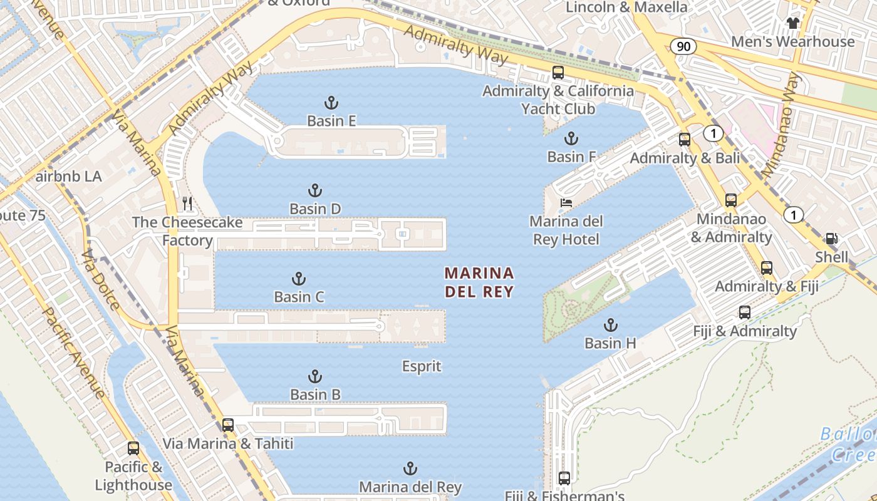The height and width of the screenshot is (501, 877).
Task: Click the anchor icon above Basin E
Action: coord(331,103)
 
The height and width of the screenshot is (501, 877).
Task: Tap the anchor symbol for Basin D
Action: coord(315,191)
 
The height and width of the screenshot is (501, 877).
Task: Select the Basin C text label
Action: coord(299,297)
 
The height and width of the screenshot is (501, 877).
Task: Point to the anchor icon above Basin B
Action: coord(315,376)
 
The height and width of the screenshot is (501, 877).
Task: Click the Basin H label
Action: coord(610,343)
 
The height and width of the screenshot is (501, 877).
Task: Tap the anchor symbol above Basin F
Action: coord(571,138)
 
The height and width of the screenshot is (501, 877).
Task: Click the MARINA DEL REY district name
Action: coord(479,282)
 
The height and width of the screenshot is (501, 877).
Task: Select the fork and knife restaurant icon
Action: coord(187,204)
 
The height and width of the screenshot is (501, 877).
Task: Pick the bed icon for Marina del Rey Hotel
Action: coord(566,202)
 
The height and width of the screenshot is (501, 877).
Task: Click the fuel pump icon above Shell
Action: coord(832,239)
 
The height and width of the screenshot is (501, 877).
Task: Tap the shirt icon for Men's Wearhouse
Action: coord(793,23)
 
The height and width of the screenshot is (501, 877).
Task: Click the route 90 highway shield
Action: coord(683,46)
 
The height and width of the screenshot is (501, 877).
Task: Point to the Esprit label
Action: coord(422,366)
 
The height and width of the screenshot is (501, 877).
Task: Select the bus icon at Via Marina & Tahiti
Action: coord(228,425)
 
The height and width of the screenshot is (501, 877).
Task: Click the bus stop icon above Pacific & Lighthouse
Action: coord(133,448)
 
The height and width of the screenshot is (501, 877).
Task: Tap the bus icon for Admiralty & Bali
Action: coord(685,140)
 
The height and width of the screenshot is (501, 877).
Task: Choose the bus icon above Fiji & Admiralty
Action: coord(744,312)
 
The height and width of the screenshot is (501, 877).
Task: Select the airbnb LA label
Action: coord(68,177)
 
